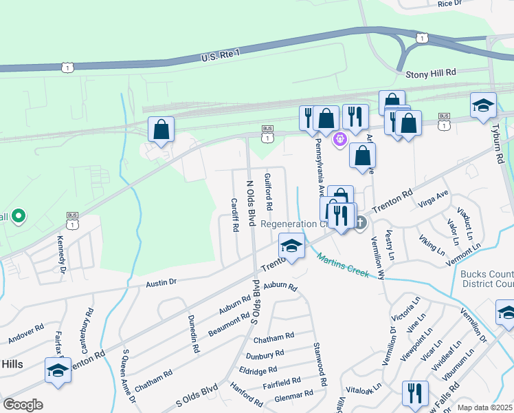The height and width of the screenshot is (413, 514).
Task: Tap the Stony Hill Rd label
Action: click(431, 72)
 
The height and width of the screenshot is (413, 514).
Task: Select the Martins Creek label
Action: click(344, 265)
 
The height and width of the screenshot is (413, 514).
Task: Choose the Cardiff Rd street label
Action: click(234, 214)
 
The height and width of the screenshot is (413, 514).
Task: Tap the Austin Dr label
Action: click(161, 282)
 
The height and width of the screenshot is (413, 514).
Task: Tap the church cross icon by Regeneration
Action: click(360, 222)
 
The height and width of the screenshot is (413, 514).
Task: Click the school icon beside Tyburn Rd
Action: click(483, 105)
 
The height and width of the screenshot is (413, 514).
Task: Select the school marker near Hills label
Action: click(58, 370)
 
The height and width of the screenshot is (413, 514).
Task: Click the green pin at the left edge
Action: click(19, 218)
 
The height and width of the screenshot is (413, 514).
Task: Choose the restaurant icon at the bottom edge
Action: click(414, 393)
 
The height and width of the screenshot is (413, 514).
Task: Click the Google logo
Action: click(23, 405)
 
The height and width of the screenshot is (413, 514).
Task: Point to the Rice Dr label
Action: click(449, 4)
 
